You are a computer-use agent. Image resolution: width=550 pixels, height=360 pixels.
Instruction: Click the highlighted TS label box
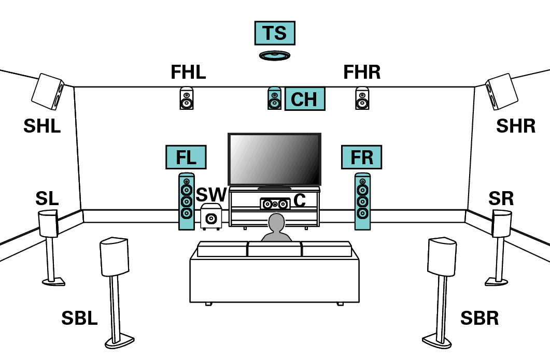coord(274,33)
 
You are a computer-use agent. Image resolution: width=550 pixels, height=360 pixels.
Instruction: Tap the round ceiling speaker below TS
coord(274,55)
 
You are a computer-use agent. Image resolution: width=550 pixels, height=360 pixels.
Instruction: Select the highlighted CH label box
coord(305,99)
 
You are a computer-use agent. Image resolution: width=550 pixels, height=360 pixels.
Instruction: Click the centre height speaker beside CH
coord(274,98)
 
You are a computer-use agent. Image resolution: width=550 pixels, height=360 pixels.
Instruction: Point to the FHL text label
coord(188,73)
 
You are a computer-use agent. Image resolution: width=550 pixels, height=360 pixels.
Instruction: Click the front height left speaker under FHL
coord(187,98)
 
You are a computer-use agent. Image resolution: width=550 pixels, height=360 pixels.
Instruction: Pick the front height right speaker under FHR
coord(362,98)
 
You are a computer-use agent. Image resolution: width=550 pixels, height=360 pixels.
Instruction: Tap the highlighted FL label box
coord(186,157)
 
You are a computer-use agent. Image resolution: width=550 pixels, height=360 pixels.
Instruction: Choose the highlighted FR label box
coord(361,157)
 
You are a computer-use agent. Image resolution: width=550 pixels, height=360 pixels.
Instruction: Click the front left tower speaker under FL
coord(187,201)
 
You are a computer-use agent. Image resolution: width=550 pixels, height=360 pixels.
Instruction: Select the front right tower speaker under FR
coord(362,201)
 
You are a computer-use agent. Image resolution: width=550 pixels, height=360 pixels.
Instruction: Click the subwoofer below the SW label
coord(211,217)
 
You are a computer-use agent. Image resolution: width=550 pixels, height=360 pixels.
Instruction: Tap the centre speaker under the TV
coord(275,204)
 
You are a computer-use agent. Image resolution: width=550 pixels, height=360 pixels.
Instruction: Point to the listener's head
coord(276,223)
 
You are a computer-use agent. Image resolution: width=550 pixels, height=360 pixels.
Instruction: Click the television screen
coord(274,159)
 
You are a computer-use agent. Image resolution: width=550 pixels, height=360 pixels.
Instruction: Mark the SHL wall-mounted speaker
coord(48,92)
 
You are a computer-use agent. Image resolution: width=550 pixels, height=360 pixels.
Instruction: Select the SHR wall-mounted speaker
coord(502,92)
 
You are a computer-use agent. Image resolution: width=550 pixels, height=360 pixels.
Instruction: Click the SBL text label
coord(79,319)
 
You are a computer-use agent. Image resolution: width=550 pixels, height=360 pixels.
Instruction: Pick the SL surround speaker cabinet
coord(49,223)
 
